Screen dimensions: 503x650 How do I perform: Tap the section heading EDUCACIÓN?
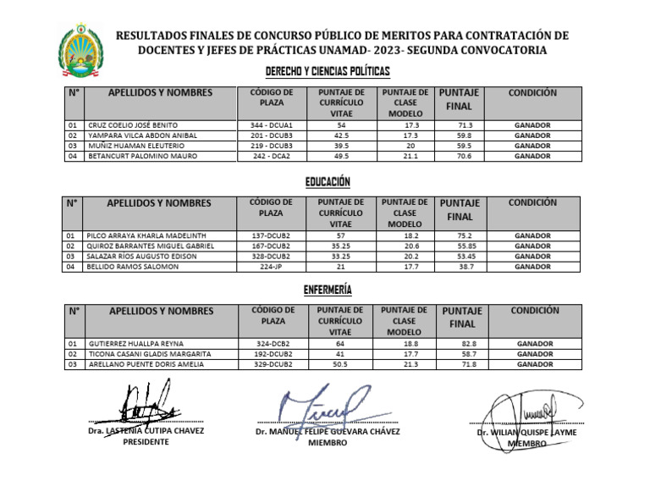click(x=328, y=181)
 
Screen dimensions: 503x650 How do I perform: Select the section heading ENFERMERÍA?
click(x=328, y=290)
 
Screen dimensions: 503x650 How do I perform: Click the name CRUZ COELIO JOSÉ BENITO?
click(x=133, y=124)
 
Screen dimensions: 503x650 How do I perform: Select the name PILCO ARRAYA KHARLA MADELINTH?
click(x=145, y=235)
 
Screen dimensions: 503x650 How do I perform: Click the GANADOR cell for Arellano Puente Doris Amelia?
click(x=533, y=364)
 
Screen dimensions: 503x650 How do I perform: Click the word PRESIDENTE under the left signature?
click(x=146, y=442)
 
